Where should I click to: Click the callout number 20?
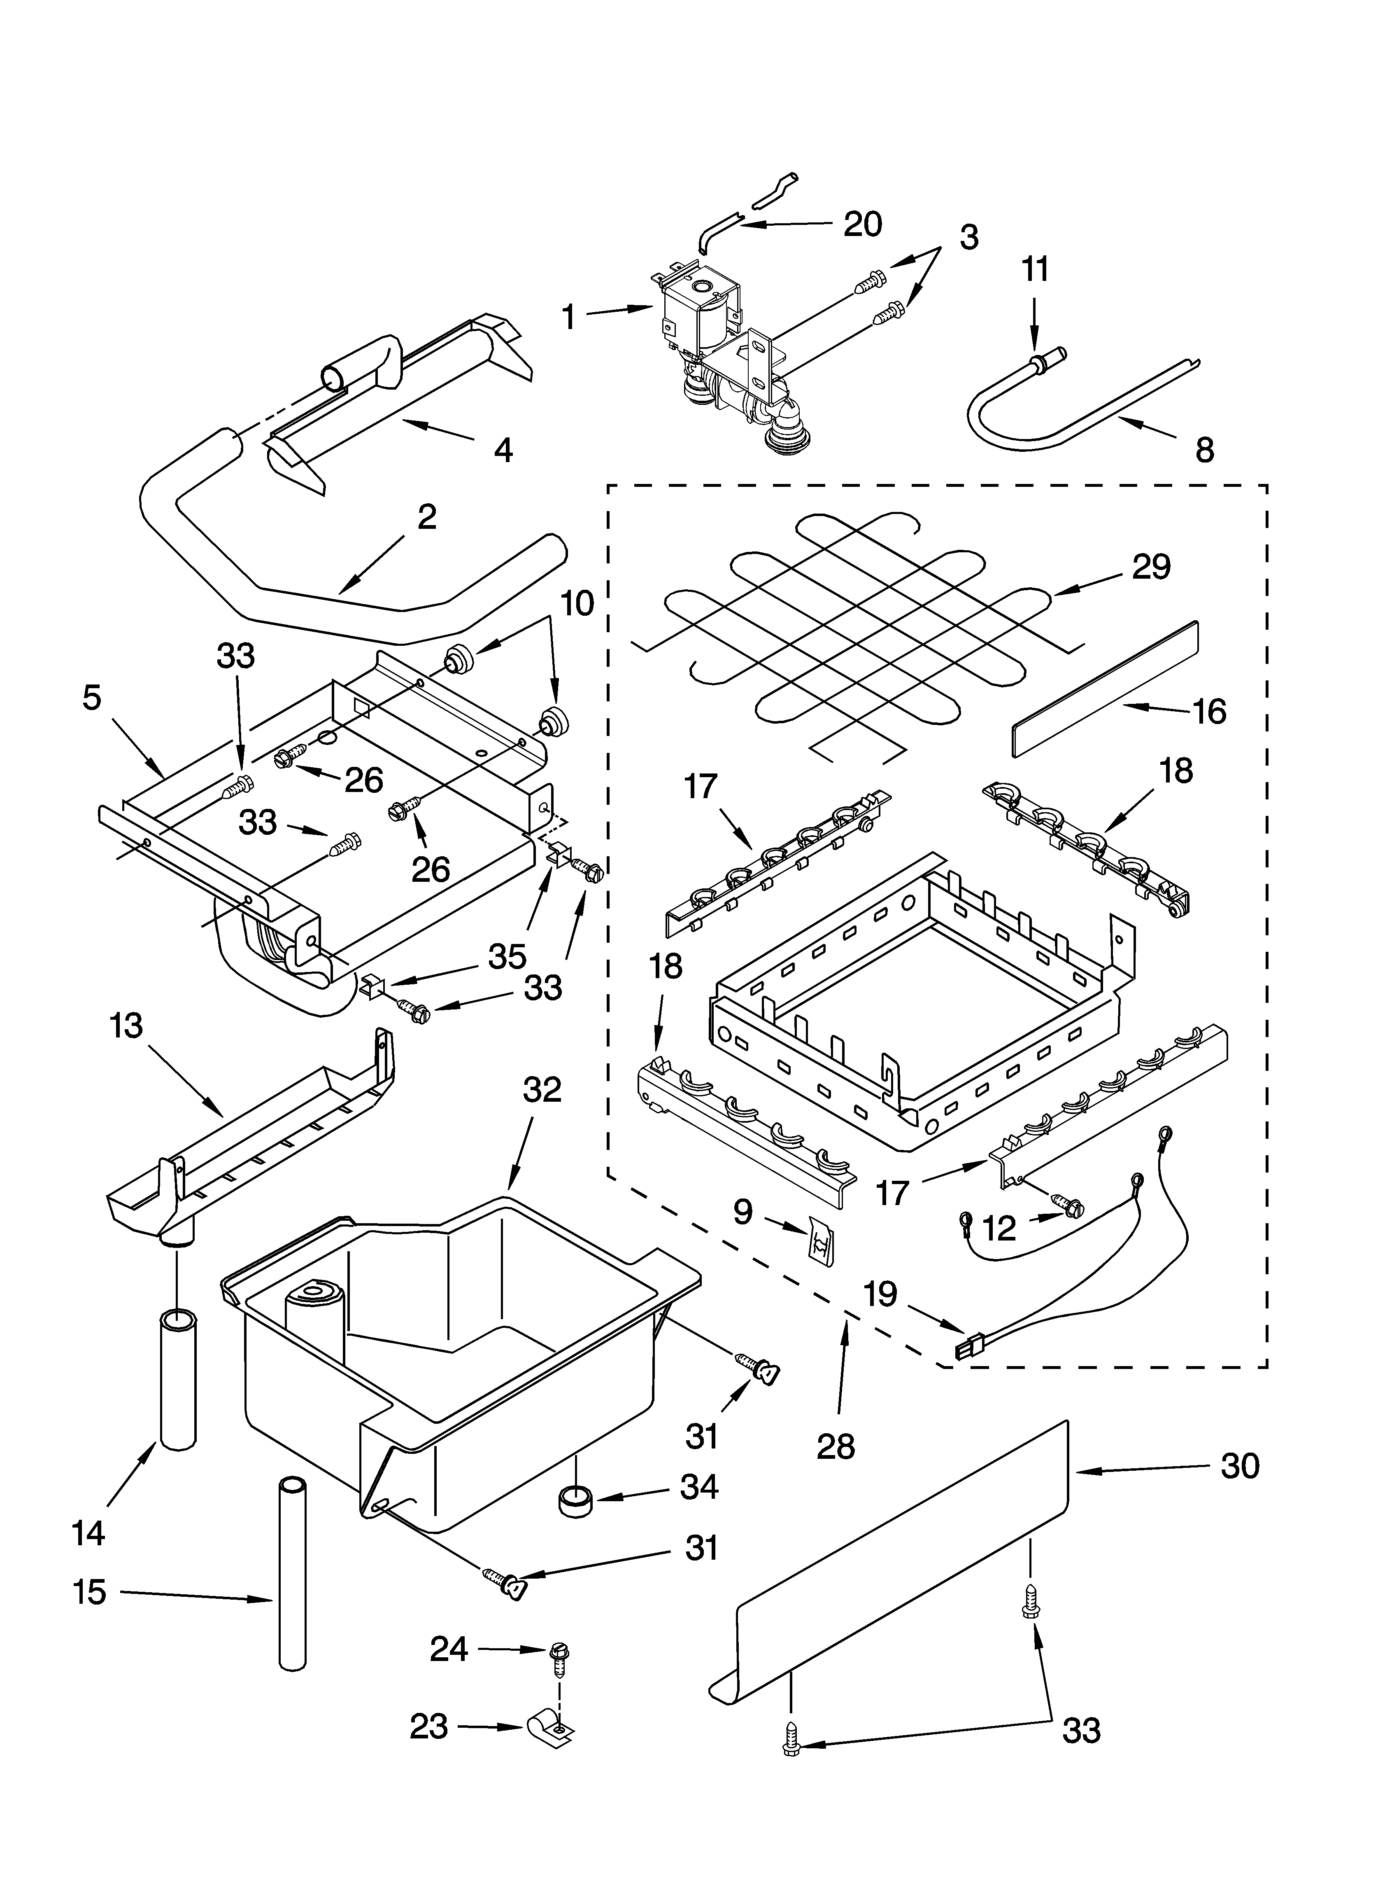pyautogui.click(x=862, y=224)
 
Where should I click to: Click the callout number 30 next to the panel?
pyautogui.click(x=1240, y=1466)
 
